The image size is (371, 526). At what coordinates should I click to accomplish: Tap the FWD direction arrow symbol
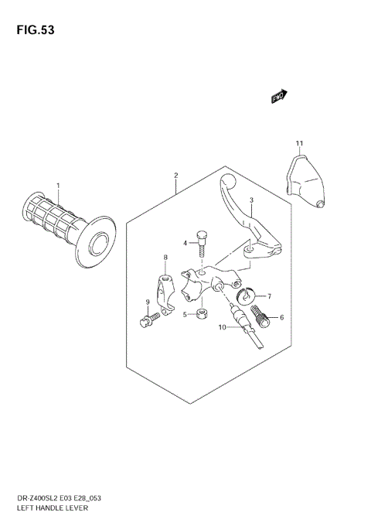tap(279, 96)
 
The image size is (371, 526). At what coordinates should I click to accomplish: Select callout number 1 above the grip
tap(57, 185)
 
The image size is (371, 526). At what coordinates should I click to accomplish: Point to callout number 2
tap(175, 176)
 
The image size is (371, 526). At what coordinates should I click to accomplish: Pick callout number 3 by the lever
tap(251, 200)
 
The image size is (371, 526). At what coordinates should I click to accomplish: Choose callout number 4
tap(185, 243)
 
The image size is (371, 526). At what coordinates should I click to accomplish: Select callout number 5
tap(185, 314)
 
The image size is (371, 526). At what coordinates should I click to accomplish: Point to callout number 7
tap(268, 295)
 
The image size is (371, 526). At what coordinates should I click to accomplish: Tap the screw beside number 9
tap(151, 319)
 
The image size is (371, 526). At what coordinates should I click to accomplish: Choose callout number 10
tap(220, 327)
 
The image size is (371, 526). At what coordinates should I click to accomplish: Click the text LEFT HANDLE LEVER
tap(44, 508)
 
